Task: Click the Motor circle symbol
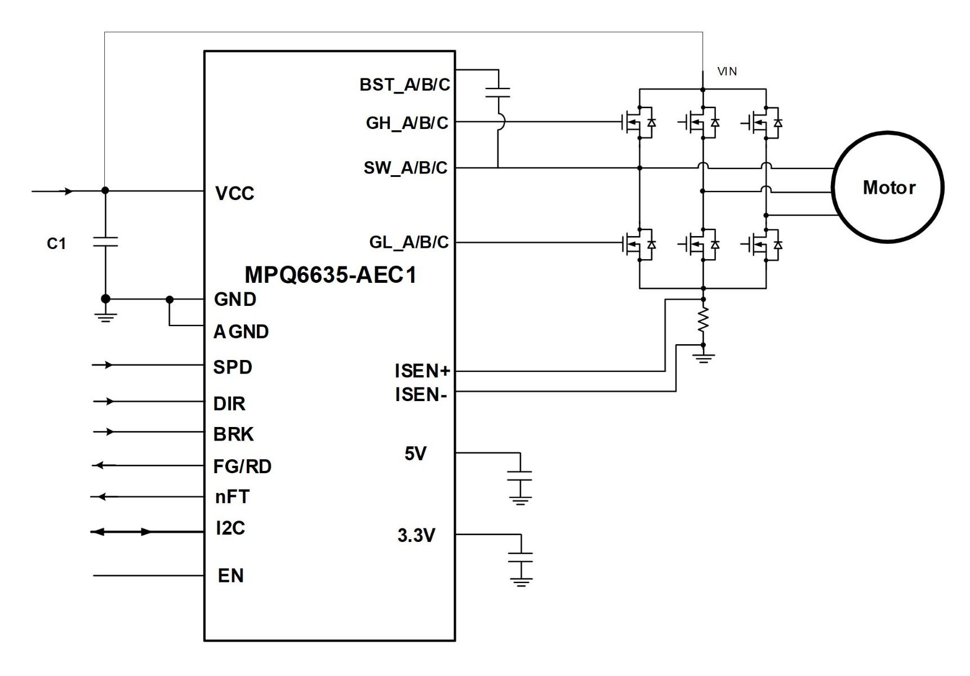[x=888, y=187]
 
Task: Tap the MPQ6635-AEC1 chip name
[x=331, y=275]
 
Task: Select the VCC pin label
[x=234, y=194]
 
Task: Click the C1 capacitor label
[x=56, y=243]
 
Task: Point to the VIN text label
[x=727, y=72]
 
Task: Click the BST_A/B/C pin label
[x=404, y=85]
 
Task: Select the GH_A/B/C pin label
[x=407, y=123]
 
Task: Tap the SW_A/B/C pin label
[x=406, y=168]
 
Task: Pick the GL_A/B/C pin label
[x=408, y=242]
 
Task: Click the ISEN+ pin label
[x=422, y=371]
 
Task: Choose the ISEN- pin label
[x=421, y=395]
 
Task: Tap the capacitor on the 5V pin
[x=519, y=476]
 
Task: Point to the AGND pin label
[x=241, y=332]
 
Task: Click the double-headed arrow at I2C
[x=121, y=532]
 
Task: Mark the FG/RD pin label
[x=242, y=466]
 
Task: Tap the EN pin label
[x=230, y=576]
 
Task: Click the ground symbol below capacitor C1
[x=105, y=317]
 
